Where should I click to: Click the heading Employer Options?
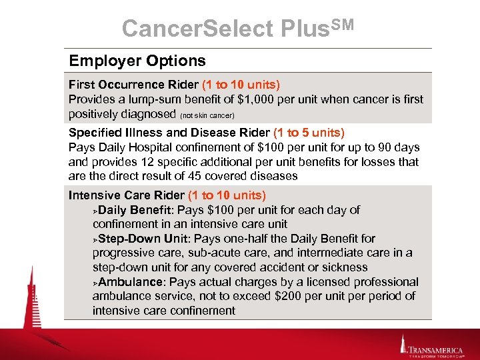pyautogui.click(x=137, y=61)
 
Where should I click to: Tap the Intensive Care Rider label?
pyautogui.click(x=127, y=195)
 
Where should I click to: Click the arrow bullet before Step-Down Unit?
pyautogui.click(x=95, y=239)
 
